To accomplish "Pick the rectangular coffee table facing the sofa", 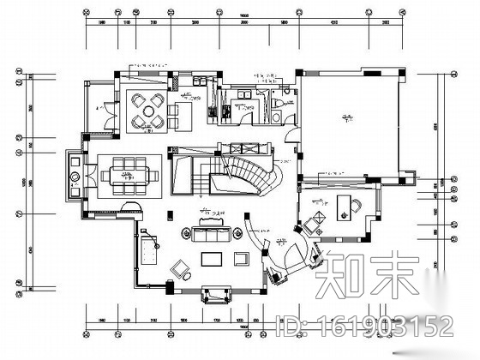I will tap(212, 258).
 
